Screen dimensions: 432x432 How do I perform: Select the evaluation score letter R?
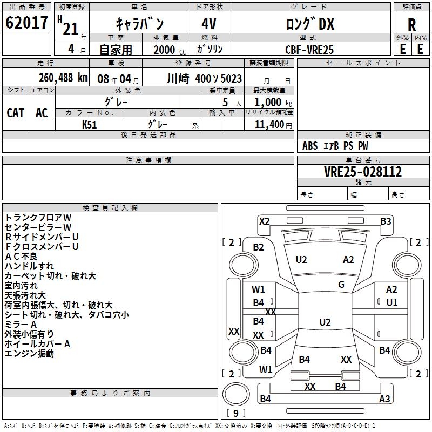tap(411, 25)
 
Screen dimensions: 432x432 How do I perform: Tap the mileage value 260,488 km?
tap(63, 78)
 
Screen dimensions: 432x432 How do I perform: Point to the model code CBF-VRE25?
tap(309, 50)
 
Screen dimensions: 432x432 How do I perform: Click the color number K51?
tap(90, 125)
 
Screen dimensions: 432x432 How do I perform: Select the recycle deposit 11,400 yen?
tap(269, 125)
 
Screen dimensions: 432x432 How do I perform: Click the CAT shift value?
tap(16, 113)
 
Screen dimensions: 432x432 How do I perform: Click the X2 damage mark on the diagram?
tap(265, 221)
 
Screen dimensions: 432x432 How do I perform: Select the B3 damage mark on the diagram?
tap(386, 221)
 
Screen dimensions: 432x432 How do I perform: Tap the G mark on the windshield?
tap(341, 284)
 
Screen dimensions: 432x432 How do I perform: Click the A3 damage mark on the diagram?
tap(384, 399)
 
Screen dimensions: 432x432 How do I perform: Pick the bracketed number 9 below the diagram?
tap(235, 413)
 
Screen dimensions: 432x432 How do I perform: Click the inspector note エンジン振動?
tap(29, 354)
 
